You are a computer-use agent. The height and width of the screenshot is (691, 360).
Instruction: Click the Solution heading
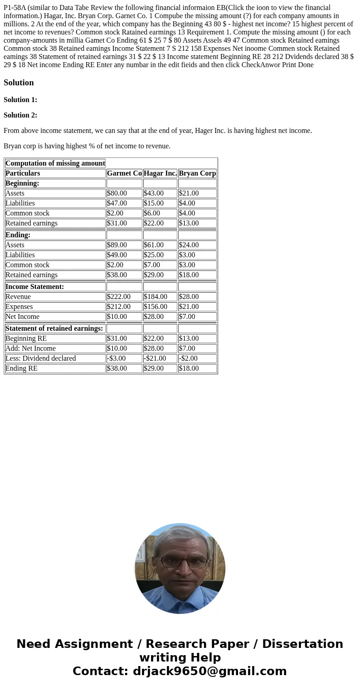tap(19, 83)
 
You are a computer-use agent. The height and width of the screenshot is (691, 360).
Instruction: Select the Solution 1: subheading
tap(20, 100)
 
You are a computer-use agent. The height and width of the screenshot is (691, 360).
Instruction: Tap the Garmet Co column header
tap(124, 173)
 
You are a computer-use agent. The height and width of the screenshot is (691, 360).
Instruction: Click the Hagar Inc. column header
tap(160, 173)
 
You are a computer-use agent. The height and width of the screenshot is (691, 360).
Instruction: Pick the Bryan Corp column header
tap(197, 173)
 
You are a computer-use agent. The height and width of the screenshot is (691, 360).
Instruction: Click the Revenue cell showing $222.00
tap(119, 297)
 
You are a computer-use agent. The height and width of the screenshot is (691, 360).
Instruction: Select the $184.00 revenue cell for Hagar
tap(156, 297)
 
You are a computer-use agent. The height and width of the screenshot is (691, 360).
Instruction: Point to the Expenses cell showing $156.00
tap(156, 307)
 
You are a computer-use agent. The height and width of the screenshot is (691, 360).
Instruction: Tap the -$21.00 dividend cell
tap(155, 358)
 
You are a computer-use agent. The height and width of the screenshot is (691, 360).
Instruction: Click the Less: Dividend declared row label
tap(41, 358)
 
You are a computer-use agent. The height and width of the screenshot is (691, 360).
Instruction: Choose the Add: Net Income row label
tap(31, 348)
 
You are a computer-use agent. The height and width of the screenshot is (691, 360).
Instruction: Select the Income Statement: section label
tap(34, 287)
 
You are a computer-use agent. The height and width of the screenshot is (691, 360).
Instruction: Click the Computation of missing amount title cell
tap(55, 163)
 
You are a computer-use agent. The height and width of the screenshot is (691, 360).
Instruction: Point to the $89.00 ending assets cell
tap(117, 245)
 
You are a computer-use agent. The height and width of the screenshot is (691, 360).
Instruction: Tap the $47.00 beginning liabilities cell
tap(117, 203)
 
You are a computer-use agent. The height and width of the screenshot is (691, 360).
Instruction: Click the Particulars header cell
tap(23, 173)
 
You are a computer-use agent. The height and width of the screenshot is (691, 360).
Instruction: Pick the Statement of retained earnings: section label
tap(54, 328)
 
